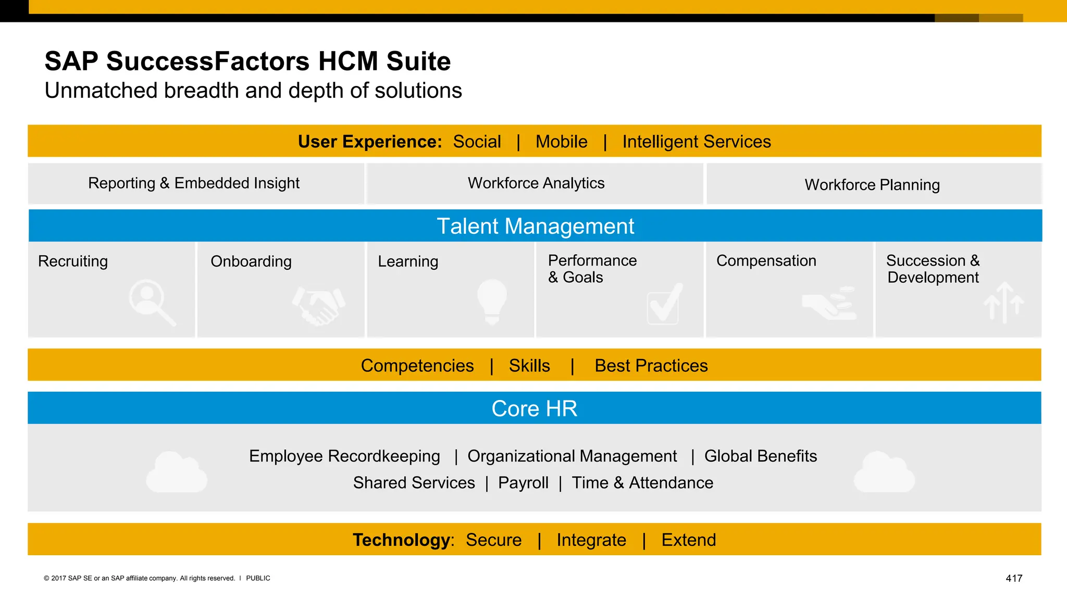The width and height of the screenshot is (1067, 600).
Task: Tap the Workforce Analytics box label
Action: click(536, 183)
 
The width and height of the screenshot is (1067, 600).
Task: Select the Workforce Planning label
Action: click(872, 185)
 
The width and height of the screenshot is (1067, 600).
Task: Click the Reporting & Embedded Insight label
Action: click(193, 183)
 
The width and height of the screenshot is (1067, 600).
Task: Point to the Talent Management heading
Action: click(535, 226)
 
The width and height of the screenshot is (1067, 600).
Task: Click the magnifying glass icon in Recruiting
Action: click(152, 303)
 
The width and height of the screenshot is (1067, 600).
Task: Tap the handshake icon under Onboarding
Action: click(318, 306)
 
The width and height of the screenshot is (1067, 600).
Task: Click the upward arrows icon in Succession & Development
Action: click(1003, 303)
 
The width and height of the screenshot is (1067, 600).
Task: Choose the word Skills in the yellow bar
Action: click(529, 366)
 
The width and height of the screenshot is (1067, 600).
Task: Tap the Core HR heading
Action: click(534, 409)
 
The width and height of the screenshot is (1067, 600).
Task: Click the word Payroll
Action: click(523, 483)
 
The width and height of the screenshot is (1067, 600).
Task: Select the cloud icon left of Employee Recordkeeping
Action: click(177, 472)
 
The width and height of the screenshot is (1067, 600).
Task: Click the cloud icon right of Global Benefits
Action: click(884, 472)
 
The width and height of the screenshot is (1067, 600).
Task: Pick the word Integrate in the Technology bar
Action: click(591, 540)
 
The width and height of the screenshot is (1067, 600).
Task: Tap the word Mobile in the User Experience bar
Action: click(561, 142)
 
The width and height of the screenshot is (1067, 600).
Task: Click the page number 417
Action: click(1014, 578)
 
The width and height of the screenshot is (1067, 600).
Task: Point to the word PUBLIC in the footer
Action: click(258, 578)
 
